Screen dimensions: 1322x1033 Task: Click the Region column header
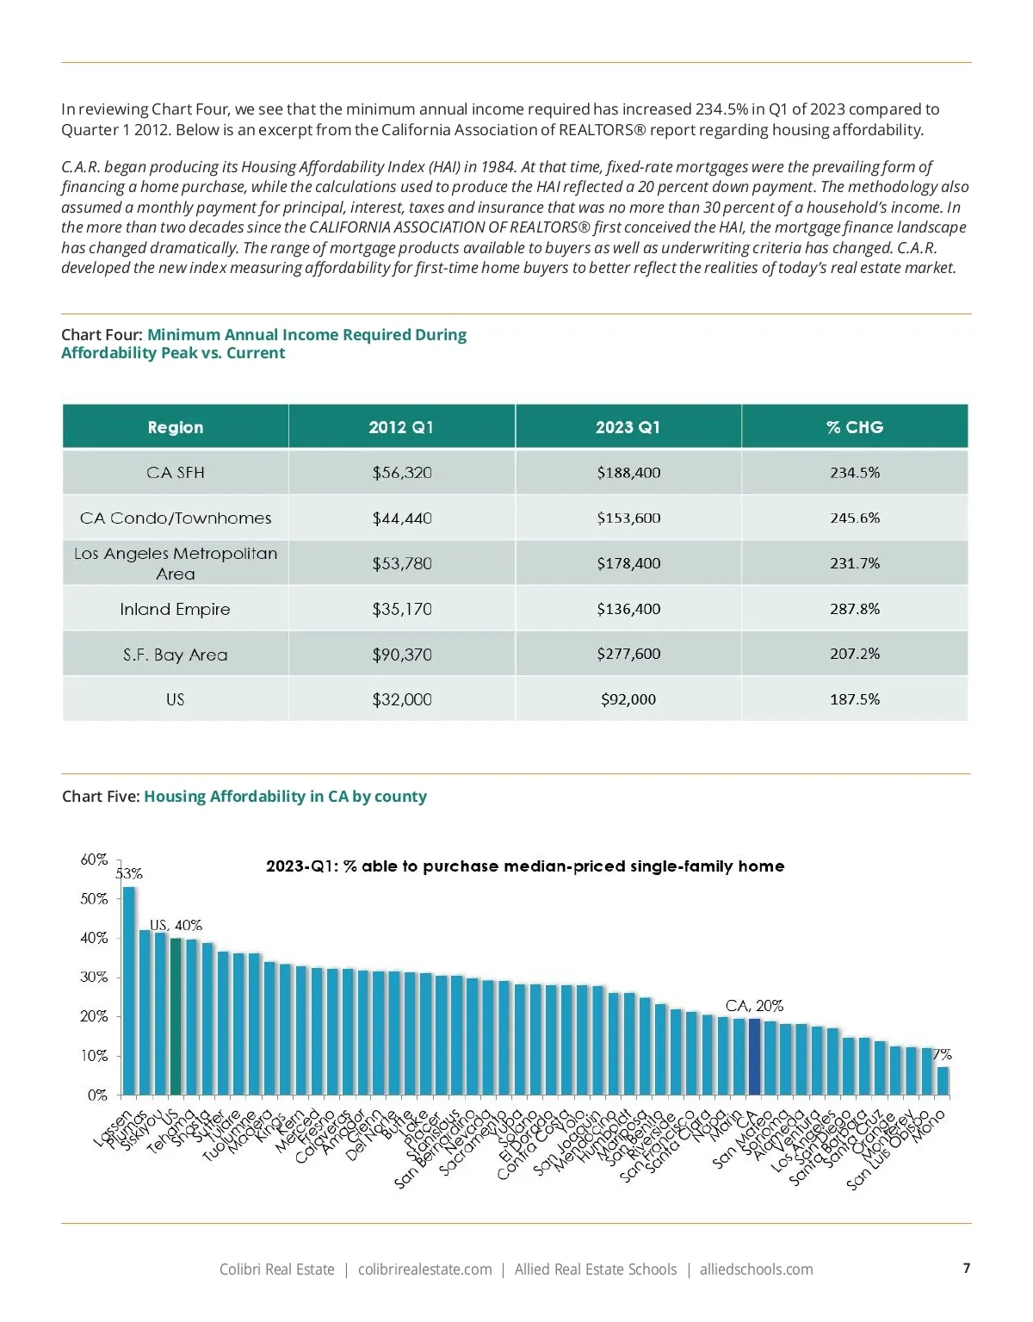click(x=176, y=427)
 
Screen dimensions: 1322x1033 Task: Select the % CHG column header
click(x=855, y=427)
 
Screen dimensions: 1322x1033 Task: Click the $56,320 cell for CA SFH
click(x=402, y=473)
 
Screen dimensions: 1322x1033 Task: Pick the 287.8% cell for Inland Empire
click(x=855, y=609)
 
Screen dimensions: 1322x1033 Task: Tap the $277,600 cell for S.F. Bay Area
click(x=628, y=654)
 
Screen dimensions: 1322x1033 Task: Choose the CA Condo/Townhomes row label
click(x=176, y=518)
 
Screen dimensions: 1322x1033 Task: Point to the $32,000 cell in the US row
click(x=402, y=699)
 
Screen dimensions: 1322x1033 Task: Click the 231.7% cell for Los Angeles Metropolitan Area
click(x=855, y=563)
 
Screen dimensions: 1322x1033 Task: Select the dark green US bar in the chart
click(x=176, y=1016)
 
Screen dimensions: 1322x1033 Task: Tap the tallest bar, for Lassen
click(x=129, y=990)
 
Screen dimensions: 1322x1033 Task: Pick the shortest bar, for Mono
click(x=943, y=1081)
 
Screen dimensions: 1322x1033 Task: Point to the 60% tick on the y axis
click(x=95, y=860)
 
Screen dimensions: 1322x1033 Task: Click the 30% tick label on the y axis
click(x=95, y=978)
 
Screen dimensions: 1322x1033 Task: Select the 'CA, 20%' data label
click(x=754, y=1006)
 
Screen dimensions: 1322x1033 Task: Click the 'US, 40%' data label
click(x=176, y=925)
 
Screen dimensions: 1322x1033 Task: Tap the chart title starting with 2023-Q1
click(x=525, y=866)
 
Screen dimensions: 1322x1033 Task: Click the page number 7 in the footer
click(x=967, y=1268)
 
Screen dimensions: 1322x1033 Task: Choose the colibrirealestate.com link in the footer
click(x=425, y=1269)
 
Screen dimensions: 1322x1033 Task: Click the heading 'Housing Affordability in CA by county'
click(x=285, y=797)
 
